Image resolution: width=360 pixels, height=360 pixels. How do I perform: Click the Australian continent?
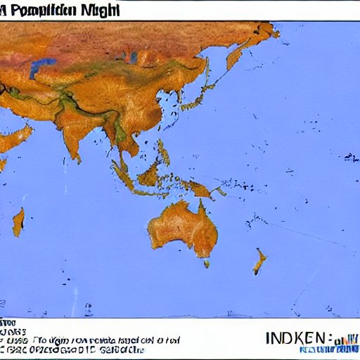[180, 229]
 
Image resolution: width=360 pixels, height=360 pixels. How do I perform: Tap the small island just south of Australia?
[207, 264]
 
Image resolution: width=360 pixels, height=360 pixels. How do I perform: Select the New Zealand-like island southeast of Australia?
[260, 262]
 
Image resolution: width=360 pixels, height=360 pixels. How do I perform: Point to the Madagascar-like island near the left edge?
[18, 221]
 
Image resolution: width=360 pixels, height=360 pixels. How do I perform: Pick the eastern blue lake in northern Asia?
[131, 56]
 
